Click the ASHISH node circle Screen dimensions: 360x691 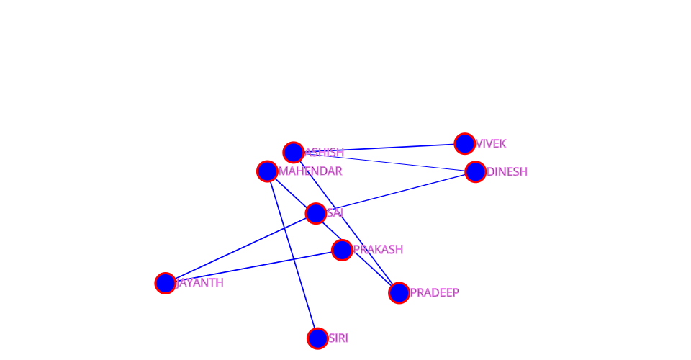pos(293,153)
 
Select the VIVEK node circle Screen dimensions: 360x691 pos(465,144)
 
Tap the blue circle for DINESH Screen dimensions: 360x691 pos(475,172)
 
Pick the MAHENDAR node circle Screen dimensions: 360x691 pos(267,171)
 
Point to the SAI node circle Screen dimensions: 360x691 pos(316,213)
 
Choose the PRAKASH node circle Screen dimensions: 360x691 pos(342,250)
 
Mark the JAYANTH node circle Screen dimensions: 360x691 pos(166,283)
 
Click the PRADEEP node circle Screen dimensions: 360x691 pos(399,293)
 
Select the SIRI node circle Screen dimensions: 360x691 pos(317,338)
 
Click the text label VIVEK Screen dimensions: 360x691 pos(491,144)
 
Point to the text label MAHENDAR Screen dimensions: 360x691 pos(310,171)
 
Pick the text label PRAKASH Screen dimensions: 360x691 pos(378,250)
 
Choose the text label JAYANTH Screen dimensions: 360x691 pos(200,283)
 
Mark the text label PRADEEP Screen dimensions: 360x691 pos(435,293)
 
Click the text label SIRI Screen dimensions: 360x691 pos(338,338)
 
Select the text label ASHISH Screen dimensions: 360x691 pos(325,153)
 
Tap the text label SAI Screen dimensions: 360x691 pos(335,213)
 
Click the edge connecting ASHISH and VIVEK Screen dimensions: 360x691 pos(379,148)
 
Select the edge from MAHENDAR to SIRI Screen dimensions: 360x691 pos(292,255)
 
